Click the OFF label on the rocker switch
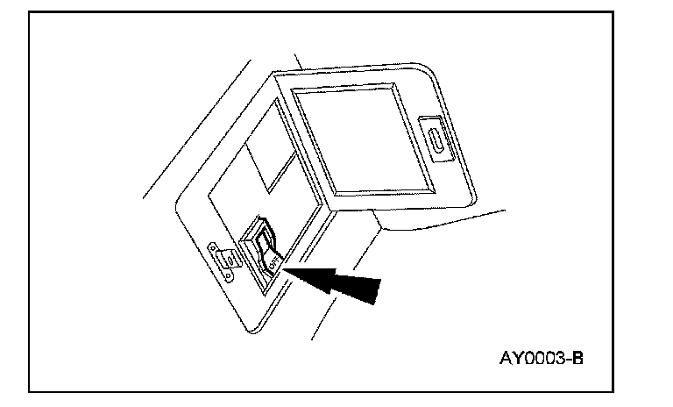273,259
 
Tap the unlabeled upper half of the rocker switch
263,235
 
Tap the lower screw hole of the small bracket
230,273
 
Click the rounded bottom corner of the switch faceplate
255,328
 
